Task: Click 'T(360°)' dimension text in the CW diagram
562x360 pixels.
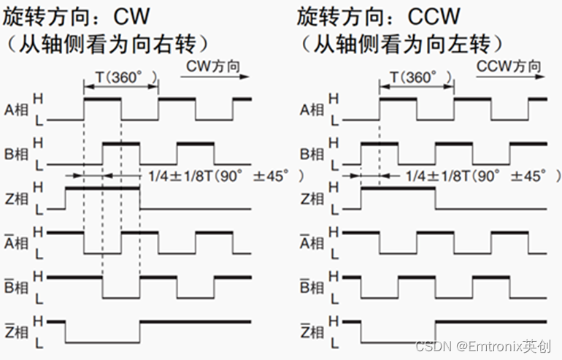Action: (x=121, y=77)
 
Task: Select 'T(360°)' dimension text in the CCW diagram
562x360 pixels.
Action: (x=417, y=77)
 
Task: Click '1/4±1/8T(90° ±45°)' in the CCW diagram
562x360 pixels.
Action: (x=482, y=176)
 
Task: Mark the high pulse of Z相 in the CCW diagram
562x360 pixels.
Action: (x=398, y=188)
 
